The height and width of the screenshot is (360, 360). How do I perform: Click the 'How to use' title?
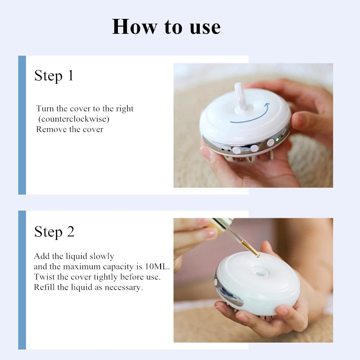pyautogui.click(x=166, y=27)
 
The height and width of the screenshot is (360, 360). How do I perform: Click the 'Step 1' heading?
pyautogui.click(x=54, y=75)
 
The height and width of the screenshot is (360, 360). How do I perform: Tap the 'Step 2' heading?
pyautogui.click(x=54, y=231)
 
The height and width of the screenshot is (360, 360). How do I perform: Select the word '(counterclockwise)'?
pyautogui.click(x=74, y=119)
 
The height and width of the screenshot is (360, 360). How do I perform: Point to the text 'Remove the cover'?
pyautogui.click(x=70, y=129)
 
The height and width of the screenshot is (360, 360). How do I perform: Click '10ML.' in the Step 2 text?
pyautogui.click(x=157, y=266)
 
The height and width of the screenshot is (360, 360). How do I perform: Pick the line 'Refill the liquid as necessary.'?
pyautogui.click(x=88, y=287)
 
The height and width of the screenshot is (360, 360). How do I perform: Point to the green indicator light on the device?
pyautogui.click(x=277, y=139)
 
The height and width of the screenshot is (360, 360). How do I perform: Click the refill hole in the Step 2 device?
pyautogui.click(x=259, y=273)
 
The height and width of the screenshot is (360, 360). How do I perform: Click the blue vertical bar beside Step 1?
pyautogui.click(x=22, y=125)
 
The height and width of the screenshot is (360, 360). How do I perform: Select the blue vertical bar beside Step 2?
pyautogui.click(x=22, y=280)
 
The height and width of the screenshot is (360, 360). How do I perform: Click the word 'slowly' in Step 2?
pyautogui.click(x=102, y=256)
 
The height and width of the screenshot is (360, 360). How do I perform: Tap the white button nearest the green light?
pyautogui.click(x=271, y=143)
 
